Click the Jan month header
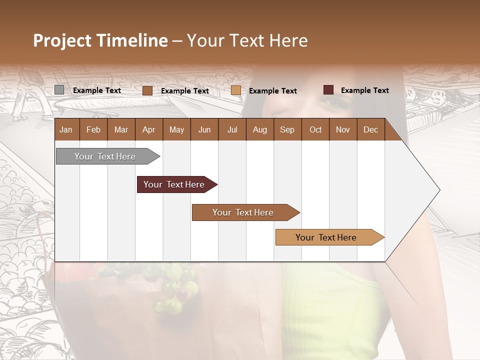tap(66, 129)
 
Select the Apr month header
tap(148, 129)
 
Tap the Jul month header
tap(232, 129)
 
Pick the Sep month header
tap(287, 129)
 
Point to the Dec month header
tap(370, 129)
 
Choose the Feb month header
tap(93, 129)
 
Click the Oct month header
tap(315, 129)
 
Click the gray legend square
tap(59, 90)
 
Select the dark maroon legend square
tap(328, 90)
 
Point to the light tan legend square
tap(236, 90)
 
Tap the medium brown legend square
tap(147, 90)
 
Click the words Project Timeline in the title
tap(100, 40)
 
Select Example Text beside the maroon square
tap(365, 90)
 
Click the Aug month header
tap(259, 129)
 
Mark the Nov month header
tap(342, 129)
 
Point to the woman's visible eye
tap(330, 102)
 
